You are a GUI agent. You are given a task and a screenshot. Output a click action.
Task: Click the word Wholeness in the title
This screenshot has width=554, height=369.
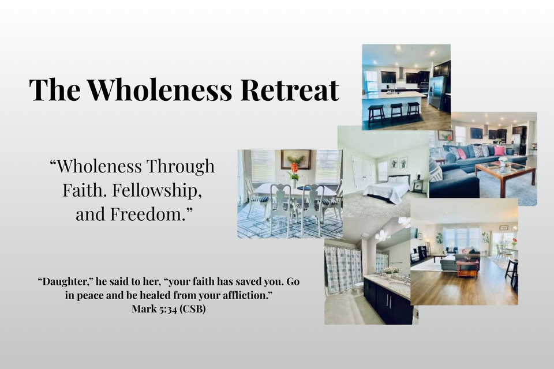pyautogui.click(x=159, y=89)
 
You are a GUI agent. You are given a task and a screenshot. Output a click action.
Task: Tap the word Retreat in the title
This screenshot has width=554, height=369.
pyautogui.click(x=290, y=89)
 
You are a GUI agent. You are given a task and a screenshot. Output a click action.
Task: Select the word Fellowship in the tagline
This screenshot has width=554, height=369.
pyautogui.click(x=157, y=191)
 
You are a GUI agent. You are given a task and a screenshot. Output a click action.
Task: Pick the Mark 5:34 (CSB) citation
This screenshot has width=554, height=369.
pyautogui.click(x=169, y=309)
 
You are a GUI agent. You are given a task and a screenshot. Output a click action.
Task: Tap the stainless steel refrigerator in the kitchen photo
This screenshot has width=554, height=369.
pyautogui.click(x=437, y=92)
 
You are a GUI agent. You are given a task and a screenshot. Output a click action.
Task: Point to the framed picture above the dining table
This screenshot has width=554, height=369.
pyautogui.click(x=296, y=159)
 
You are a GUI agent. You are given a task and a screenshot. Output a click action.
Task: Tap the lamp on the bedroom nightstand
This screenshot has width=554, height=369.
pyautogui.click(x=419, y=175)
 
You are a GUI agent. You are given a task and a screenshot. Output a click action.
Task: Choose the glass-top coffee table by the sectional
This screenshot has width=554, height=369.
pyautogui.click(x=506, y=172)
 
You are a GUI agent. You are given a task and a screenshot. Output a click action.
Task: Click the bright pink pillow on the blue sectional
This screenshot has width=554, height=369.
pyautogui.click(x=499, y=151)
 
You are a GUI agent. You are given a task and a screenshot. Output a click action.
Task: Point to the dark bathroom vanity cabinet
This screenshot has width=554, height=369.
pyautogui.click(x=388, y=301)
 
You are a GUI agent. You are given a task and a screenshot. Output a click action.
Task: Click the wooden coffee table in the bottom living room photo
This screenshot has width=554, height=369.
pyautogui.click(x=467, y=268)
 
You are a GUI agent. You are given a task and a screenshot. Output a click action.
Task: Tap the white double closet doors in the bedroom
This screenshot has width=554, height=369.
pyautogui.click(x=362, y=174)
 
